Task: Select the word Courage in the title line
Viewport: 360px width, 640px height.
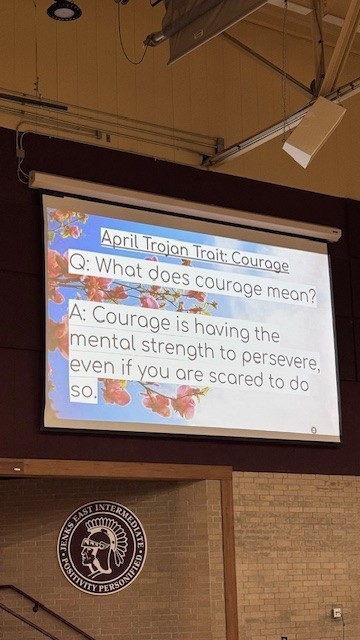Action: (255, 263)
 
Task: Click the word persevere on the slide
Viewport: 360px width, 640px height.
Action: (275, 362)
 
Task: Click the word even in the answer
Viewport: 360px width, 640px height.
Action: (92, 367)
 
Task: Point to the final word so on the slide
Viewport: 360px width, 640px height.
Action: (83, 391)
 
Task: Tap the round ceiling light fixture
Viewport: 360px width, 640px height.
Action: (64, 10)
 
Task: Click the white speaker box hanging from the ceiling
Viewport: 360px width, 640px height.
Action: (313, 131)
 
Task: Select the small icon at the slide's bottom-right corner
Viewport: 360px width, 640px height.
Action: (313, 429)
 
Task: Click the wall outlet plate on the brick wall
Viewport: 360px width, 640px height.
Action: (337, 612)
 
